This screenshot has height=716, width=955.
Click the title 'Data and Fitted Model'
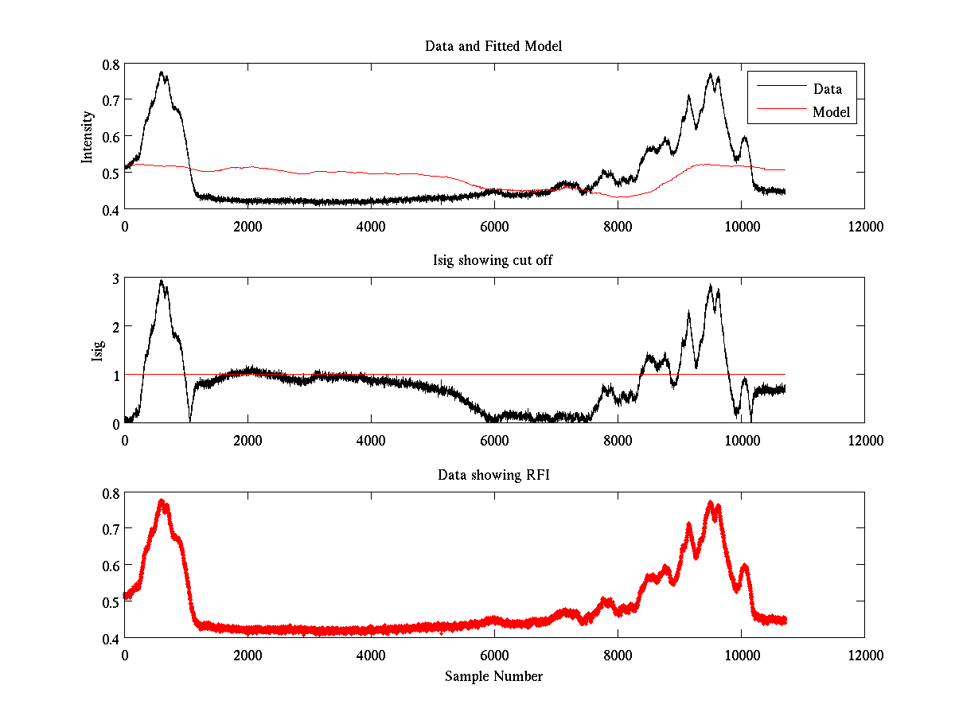[493, 46]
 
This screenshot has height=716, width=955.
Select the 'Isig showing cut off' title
[493, 261]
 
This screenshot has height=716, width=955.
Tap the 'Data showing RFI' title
[493, 475]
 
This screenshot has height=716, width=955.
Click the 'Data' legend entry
[827, 89]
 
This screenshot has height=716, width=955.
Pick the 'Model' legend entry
[832, 112]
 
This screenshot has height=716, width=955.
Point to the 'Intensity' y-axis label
[88, 137]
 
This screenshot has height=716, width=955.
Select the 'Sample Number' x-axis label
[493, 676]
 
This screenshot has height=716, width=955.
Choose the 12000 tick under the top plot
[864, 226]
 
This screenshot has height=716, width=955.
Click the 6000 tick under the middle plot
[494, 440]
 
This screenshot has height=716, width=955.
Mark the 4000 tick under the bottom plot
[371, 655]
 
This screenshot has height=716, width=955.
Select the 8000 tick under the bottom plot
[618, 655]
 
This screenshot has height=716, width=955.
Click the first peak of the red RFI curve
[162, 502]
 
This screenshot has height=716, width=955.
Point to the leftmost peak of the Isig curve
[162, 282]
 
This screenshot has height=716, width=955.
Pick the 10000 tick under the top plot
[741, 226]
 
